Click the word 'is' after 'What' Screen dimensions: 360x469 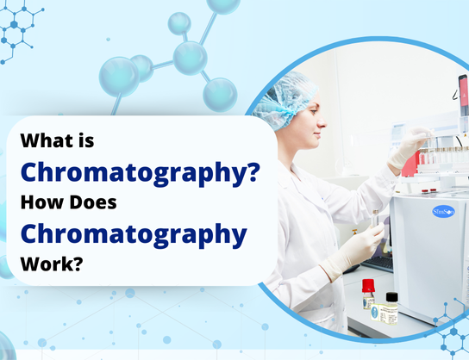tap(84, 140)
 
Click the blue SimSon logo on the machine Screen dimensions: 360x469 tap(444, 212)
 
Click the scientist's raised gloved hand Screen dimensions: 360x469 tap(406, 149)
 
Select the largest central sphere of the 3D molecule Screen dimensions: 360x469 tap(190, 57)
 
